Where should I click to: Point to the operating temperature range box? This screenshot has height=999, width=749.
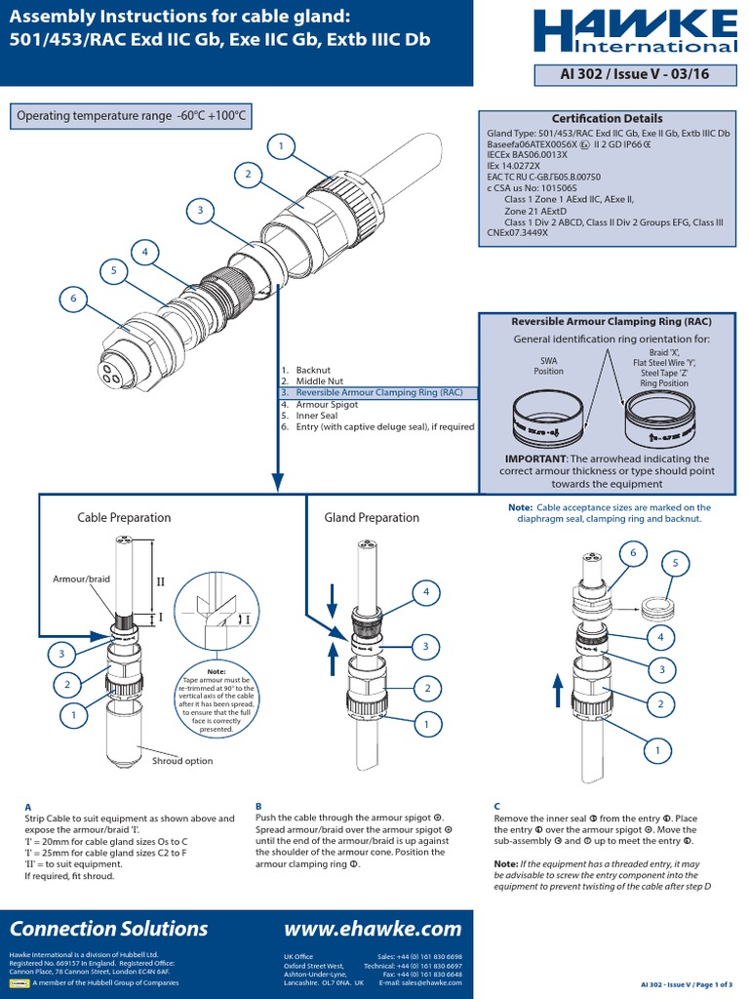(131, 117)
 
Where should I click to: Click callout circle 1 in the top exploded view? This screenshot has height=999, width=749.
(282, 146)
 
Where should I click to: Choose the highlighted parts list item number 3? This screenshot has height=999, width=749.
(378, 392)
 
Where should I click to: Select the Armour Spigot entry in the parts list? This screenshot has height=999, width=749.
(329, 404)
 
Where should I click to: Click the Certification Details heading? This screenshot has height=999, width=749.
(607, 118)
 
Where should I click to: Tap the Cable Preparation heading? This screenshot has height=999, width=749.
(124, 518)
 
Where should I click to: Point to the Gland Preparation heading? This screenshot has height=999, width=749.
(372, 518)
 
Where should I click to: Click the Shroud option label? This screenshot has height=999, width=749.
(182, 761)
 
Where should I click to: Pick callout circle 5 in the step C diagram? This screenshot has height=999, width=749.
(675, 564)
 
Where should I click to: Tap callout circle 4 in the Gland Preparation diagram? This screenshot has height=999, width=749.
(426, 591)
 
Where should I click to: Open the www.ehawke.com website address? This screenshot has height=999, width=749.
(372, 928)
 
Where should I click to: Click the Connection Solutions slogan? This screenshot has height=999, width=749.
(108, 928)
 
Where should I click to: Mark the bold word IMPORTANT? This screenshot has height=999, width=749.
(533, 459)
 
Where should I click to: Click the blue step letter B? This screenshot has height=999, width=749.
(258, 807)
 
